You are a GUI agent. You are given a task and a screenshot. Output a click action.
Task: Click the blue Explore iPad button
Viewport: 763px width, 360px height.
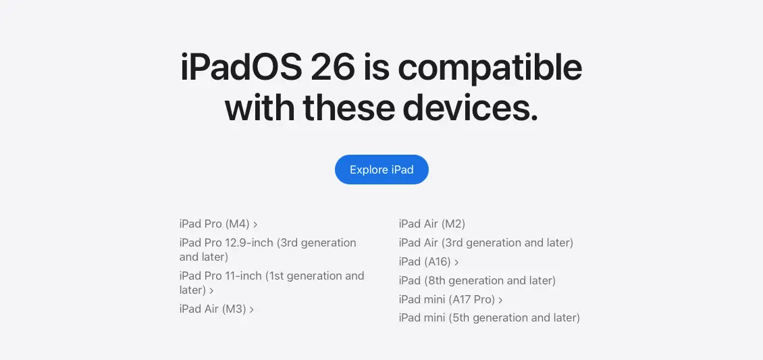click(381, 170)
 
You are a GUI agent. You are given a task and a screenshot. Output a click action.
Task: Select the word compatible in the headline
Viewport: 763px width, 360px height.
click(490, 68)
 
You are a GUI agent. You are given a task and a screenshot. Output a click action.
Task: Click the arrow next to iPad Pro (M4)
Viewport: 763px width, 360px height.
click(255, 224)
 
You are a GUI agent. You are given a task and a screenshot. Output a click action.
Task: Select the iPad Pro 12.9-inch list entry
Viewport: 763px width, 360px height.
click(267, 249)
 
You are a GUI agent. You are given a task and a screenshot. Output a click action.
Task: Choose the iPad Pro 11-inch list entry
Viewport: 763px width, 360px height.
click(271, 282)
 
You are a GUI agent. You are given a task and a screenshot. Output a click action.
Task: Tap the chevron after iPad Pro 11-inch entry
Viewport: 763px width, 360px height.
click(211, 291)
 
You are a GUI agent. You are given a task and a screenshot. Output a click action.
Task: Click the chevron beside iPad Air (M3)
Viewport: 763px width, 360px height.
click(252, 309)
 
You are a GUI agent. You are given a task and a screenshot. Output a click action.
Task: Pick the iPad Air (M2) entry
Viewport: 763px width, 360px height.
click(432, 224)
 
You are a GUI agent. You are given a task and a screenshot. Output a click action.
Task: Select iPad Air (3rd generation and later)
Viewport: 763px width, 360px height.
click(486, 242)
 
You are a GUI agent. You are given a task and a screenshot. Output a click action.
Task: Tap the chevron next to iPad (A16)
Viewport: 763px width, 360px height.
click(456, 262)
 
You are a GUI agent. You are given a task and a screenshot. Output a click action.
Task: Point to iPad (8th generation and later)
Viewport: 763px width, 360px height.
click(477, 281)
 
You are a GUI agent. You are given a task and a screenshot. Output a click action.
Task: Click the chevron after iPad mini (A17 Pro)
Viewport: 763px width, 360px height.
click(500, 300)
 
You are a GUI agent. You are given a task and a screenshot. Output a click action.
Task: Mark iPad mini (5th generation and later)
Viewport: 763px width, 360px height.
click(490, 317)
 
